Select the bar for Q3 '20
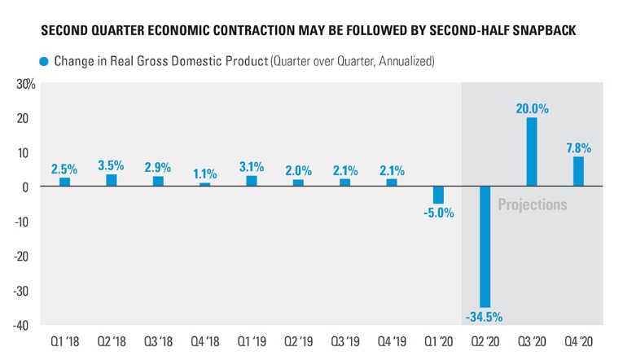(531, 152)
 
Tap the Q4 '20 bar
(578, 172)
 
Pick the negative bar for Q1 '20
(438, 195)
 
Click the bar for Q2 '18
(111, 180)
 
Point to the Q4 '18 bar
(204, 184)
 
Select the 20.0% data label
(531, 108)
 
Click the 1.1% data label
(204, 173)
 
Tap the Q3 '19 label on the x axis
(344, 343)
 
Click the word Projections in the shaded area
(532, 204)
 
